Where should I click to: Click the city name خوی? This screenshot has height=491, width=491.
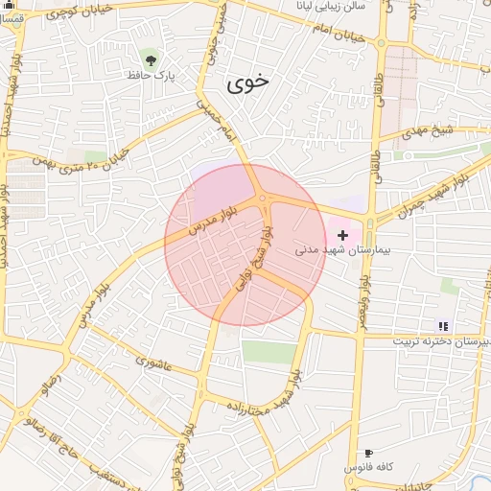[249, 83]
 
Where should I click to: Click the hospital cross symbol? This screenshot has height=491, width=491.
[342, 235]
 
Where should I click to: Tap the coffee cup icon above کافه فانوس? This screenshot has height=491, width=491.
[368, 453]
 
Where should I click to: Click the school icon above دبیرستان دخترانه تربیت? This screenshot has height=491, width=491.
[443, 326]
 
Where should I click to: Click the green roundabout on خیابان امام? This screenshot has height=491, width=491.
[382, 42]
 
